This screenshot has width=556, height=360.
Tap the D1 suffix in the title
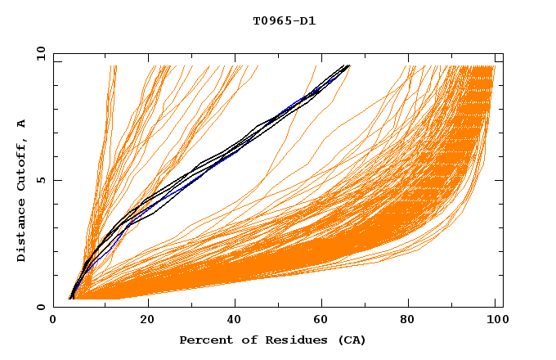[305, 20]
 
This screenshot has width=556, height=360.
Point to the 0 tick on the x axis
[54, 321]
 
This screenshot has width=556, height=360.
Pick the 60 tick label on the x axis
[324, 321]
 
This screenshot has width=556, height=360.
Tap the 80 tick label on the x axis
[414, 321]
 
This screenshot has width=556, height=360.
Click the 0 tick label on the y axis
[41, 308]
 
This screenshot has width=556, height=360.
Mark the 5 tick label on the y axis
[41, 181]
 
